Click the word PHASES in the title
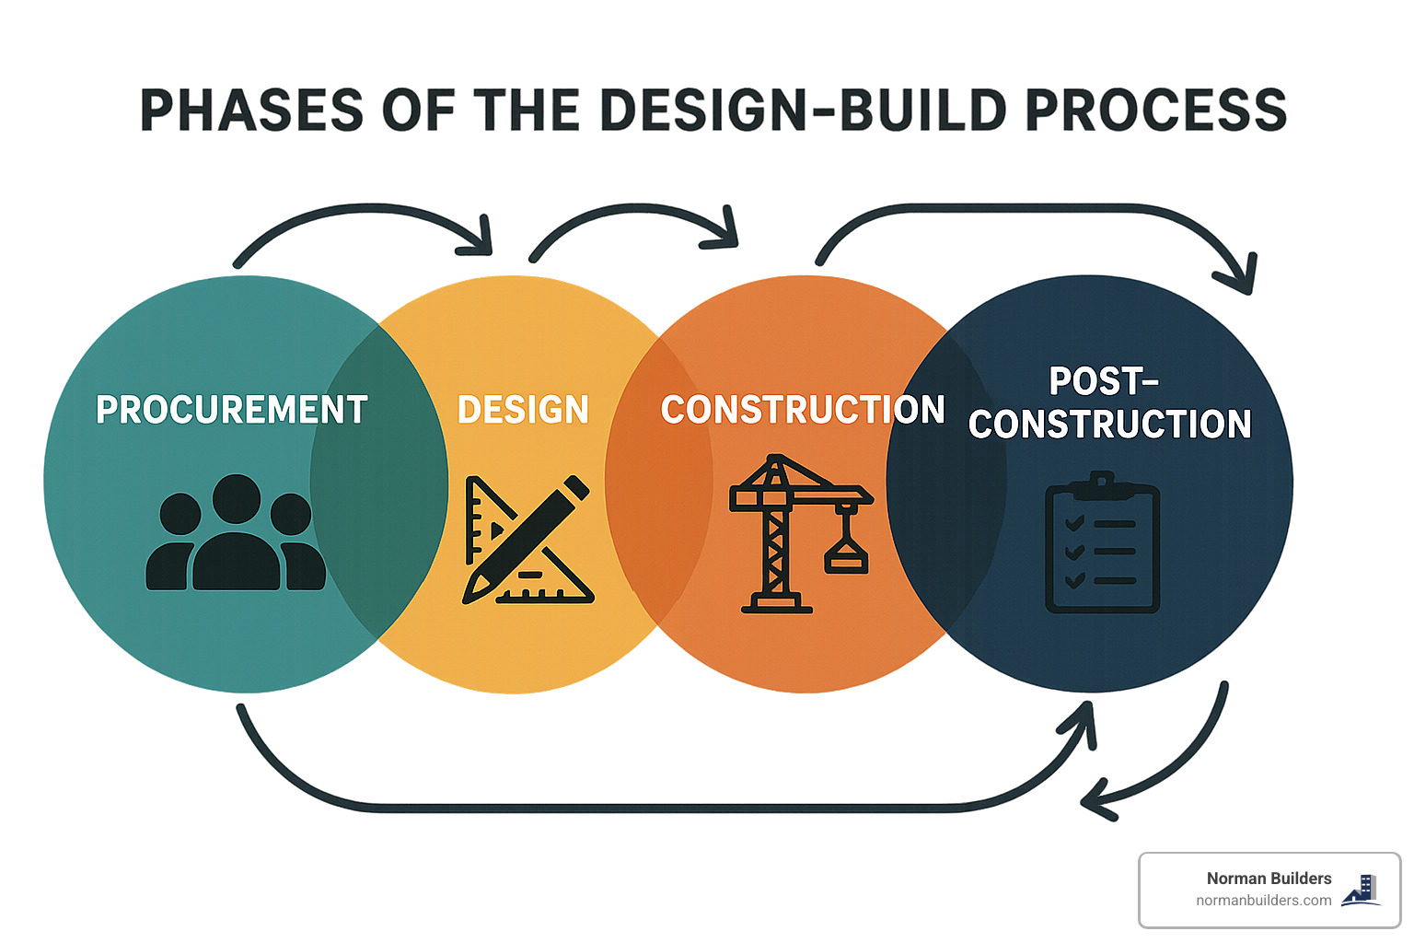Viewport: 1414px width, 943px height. click(x=251, y=111)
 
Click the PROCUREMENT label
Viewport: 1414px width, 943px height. click(x=232, y=410)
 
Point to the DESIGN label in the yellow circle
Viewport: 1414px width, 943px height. click(x=523, y=410)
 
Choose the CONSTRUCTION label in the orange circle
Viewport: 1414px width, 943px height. click(x=803, y=410)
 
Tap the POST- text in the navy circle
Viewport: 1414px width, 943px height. click(x=1104, y=381)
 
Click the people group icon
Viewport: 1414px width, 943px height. click(x=236, y=534)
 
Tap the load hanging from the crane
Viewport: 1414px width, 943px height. click(x=846, y=558)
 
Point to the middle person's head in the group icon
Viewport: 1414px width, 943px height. click(x=237, y=498)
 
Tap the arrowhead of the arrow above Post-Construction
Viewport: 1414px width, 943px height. click(x=1242, y=275)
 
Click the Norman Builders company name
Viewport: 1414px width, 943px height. click(x=1269, y=879)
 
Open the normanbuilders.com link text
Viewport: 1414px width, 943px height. click(x=1263, y=901)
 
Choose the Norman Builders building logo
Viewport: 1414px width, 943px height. click(x=1362, y=890)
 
